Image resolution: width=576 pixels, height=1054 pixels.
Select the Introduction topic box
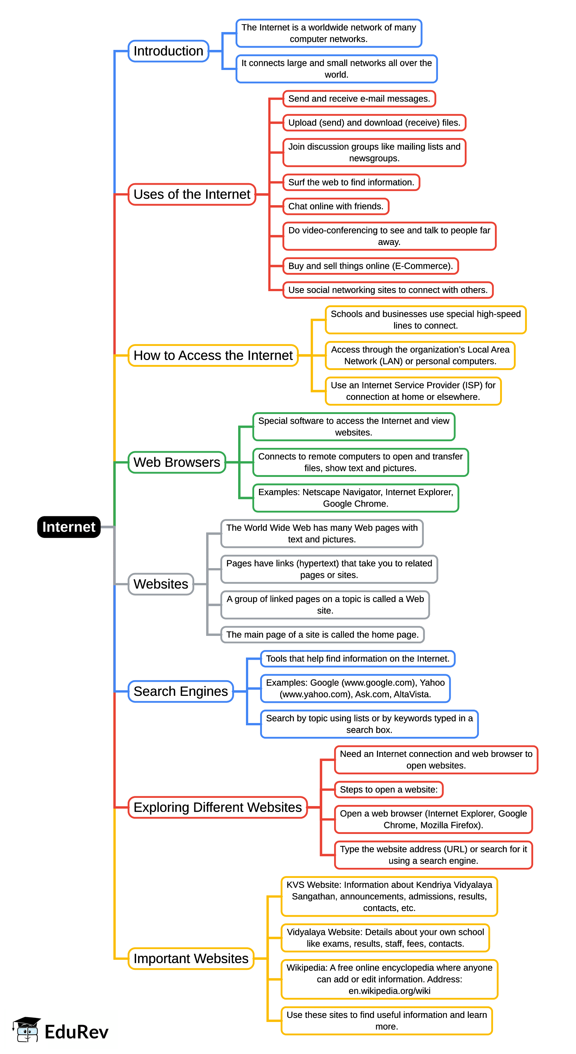pos(168,51)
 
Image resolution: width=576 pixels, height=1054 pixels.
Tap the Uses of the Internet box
pos(191,194)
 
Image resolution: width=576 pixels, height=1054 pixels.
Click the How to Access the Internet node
pos(212,355)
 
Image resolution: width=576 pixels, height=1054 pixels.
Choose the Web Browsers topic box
pos(177,462)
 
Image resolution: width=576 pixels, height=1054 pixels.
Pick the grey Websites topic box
pos(161,584)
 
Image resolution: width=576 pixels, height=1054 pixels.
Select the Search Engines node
pos(180,691)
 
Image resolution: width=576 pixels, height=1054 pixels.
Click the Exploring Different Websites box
pos(217,807)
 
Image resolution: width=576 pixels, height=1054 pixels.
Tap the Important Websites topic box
pos(191,958)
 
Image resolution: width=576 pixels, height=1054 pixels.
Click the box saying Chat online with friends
pos(335,206)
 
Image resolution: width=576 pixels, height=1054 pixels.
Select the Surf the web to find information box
pos(351,182)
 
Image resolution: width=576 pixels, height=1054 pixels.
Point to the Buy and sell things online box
pos(370,266)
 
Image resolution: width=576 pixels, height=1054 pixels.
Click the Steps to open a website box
pos(388,789)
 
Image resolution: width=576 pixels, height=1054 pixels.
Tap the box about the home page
pos(322,635)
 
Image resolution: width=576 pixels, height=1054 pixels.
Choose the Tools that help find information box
pos(357,658)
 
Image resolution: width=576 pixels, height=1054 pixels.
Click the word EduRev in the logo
pos(76,1032)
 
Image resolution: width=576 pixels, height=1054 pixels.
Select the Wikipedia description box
pos(389,979)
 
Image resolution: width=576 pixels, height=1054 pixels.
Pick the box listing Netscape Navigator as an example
pos(355,497)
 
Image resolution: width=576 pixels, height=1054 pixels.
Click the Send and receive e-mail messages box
pos(359,99)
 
